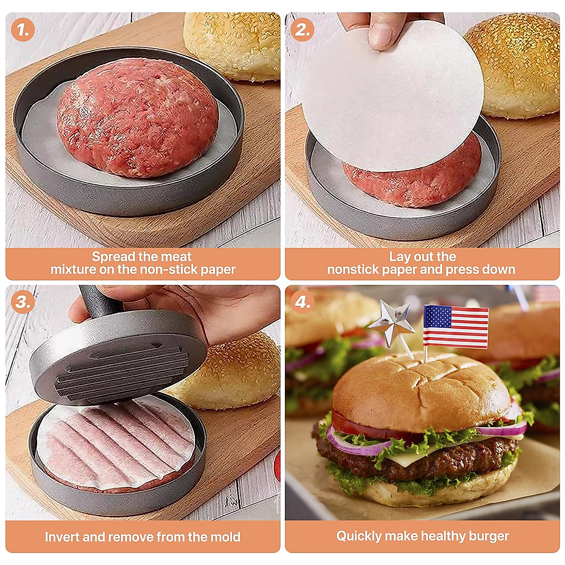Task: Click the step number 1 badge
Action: click(23, 30)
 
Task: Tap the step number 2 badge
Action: click(302, 30)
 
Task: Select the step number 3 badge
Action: click(23, 302)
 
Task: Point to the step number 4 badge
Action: click(302, 302)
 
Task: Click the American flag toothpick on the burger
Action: click(455, 326)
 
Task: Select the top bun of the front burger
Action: click(419, 391)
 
